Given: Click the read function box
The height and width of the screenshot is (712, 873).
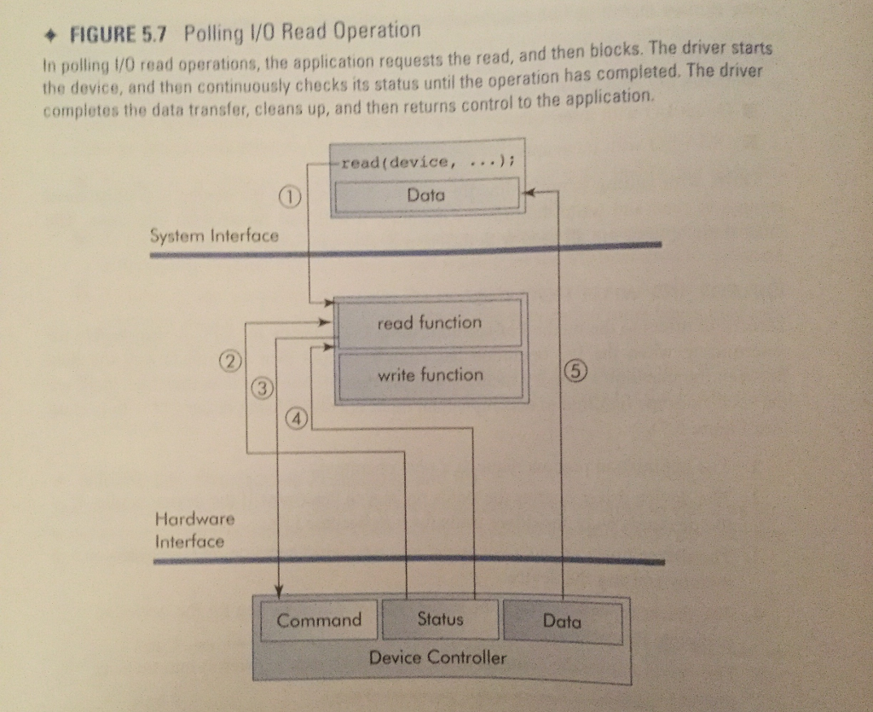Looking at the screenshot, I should coord(429,322).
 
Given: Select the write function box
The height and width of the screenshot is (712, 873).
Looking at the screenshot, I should coord(430,375).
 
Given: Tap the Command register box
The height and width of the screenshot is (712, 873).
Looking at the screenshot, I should coord(319,620).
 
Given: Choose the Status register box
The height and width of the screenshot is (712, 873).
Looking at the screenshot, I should coord(440,619).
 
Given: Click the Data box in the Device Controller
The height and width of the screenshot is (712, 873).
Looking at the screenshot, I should coord(562,622).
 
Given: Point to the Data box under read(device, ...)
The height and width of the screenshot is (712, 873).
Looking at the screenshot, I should coord(425,195).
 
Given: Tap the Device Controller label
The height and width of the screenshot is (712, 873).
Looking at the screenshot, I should coord(437,657).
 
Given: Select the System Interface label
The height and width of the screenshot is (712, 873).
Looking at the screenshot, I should coord(214,235).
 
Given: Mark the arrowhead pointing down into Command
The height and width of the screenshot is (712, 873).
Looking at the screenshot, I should coord(278,591).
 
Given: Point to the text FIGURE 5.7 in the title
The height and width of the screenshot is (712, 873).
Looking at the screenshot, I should coord(119,36).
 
